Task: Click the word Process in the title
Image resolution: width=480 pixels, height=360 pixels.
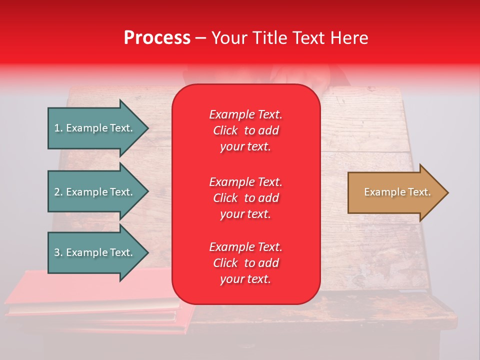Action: coord(157,38)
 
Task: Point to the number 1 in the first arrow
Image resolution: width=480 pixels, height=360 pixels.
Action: coord(57,128)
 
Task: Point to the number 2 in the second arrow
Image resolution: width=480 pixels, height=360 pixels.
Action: coord(57,192)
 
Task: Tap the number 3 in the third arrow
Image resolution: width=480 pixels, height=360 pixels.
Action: coord(57,252)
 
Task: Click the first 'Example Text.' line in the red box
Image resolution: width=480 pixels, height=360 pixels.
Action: coord(245,114)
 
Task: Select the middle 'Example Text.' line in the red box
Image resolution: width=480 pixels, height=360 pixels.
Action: coord(245,181)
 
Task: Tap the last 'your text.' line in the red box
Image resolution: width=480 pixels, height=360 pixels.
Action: coord(245,279)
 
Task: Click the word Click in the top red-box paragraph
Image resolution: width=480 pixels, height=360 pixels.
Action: coord(225,130)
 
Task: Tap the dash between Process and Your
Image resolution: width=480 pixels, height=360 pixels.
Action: coord(200,38)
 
